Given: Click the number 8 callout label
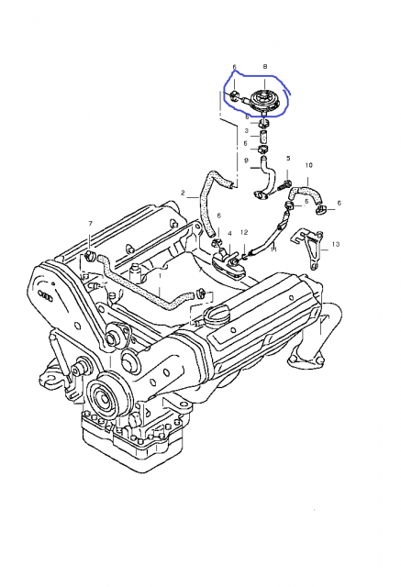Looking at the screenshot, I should (264, 68).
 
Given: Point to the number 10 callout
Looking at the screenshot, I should (307, 165).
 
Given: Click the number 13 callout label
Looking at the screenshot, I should (336, 245).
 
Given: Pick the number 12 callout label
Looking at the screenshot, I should (245, 234).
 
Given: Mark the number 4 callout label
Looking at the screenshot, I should (229, 234).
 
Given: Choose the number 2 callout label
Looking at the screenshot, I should (183, 194).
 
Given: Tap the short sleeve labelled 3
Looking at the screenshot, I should (263, 132).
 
